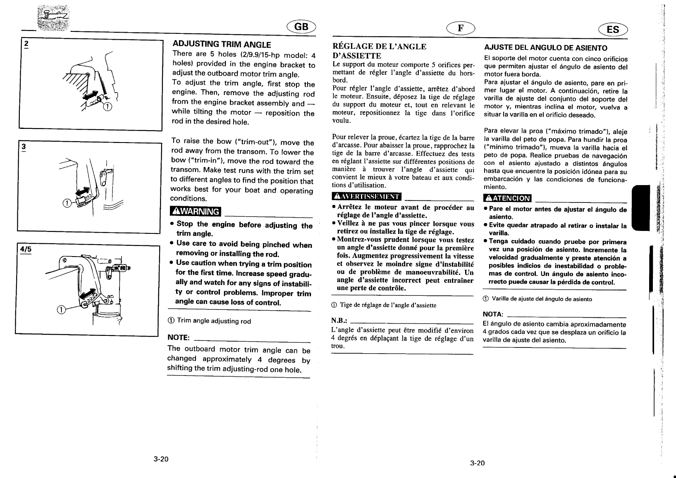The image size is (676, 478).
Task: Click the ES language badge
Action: (613, 29)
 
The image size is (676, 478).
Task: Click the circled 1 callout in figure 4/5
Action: (61, 310)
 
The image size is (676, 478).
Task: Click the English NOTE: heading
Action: (178, 338)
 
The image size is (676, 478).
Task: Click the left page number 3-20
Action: (160, 460)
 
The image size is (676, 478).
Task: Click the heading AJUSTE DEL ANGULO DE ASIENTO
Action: (545, 48)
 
